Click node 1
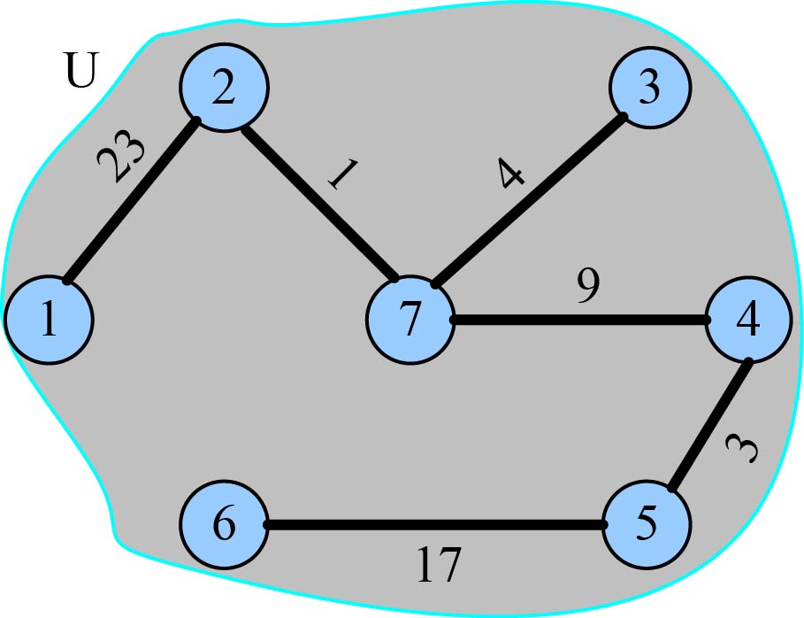coord(49,320)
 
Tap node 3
coord(650,89)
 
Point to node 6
coord(224,525)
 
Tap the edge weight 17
coord(439,565)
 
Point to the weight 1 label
coord(341,174)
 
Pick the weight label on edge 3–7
coord(510,175)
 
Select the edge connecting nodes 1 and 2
coord(131,201)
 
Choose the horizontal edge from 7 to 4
coord(579,320)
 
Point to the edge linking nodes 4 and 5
coord(710,425)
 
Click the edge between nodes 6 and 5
coord(435,525)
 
